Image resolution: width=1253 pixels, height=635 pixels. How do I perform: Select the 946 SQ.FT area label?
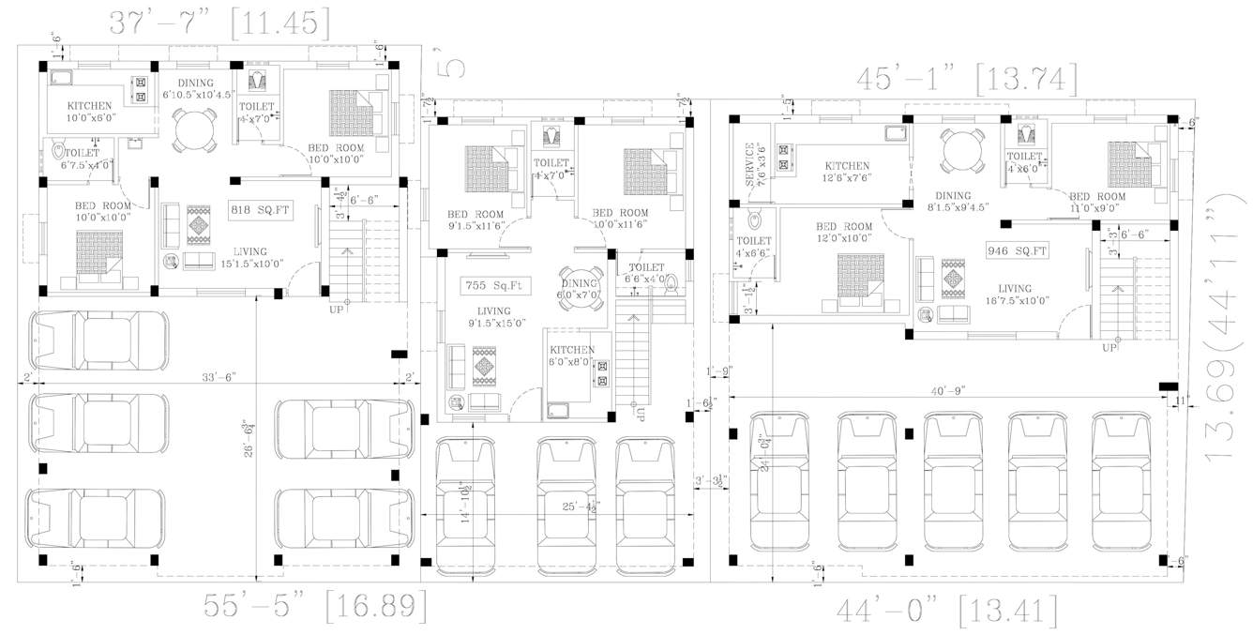(1017, 250)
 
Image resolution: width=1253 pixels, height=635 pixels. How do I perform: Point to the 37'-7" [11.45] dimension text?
(219, 23)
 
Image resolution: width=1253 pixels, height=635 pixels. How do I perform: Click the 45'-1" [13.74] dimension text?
(966, 80)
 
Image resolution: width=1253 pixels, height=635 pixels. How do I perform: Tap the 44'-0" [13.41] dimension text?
(947, 612)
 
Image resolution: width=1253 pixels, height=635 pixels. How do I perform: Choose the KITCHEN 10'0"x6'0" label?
(88, 112)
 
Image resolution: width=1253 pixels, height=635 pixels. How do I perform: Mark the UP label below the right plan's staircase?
(1110, 347)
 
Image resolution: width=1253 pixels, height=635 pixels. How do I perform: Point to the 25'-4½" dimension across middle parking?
(580, 507)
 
